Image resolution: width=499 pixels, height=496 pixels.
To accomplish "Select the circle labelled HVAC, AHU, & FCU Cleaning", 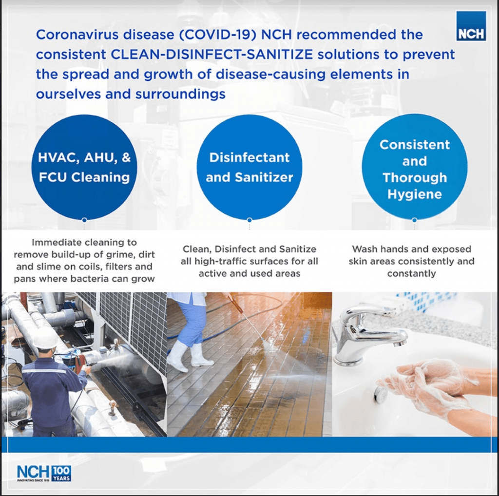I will [84, 167].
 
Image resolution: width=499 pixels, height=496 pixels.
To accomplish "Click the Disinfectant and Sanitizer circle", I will [249, 167].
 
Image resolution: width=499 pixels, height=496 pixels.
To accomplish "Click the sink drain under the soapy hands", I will [381, 394].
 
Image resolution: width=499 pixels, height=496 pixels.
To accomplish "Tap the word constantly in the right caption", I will [411, 273].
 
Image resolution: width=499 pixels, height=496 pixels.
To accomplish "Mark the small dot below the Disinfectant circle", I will [249, 220].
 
